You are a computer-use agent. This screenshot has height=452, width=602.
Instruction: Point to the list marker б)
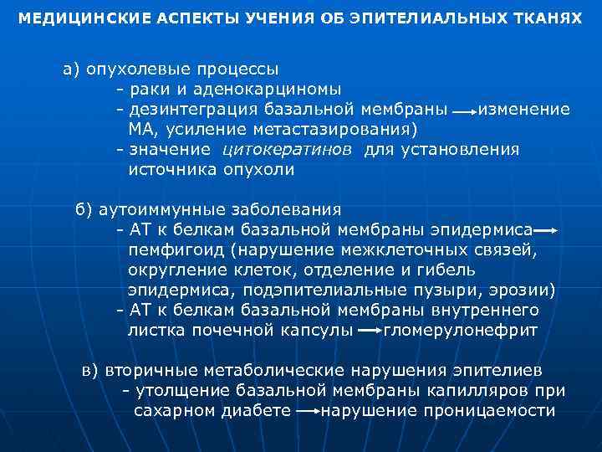pyautogui.click(x=84, y=209)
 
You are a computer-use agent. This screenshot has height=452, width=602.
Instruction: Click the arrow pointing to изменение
pyautogui.click(x=462, y=110)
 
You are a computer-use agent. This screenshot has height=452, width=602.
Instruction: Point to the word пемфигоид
pyautogui.click(x=176, y=249)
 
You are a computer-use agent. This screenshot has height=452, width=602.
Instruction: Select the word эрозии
pyautogui.click(x=522, y=290)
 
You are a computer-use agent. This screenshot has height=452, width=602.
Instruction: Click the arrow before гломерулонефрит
pyautogui.click(x=368, y=331)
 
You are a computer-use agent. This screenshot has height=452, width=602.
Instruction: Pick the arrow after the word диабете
pyautogui.click(x=306, y=412)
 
